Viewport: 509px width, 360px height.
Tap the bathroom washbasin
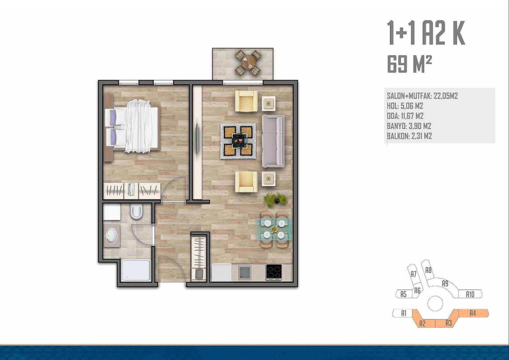(112, 236)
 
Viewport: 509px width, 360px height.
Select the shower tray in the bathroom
(136, 270)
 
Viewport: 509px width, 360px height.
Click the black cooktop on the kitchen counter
(274, 272)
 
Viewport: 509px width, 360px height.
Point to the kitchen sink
(244, 273)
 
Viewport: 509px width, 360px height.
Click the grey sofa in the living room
(273, 141)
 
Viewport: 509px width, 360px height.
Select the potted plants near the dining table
(276, 199)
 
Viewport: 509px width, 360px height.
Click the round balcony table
(248, 63)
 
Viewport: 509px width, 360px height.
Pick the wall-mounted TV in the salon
(197, 140)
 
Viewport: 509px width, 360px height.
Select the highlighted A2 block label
(422, 323)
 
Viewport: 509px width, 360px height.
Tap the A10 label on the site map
(470, 294)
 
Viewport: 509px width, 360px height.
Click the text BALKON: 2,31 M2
(409, 136)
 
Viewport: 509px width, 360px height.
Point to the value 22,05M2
(446, 96)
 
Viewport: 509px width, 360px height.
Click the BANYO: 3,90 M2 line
(409, 126)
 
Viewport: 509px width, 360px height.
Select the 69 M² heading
(410, 64)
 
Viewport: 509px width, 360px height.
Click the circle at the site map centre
(435, 303)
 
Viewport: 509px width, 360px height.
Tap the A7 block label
(413, 274)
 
